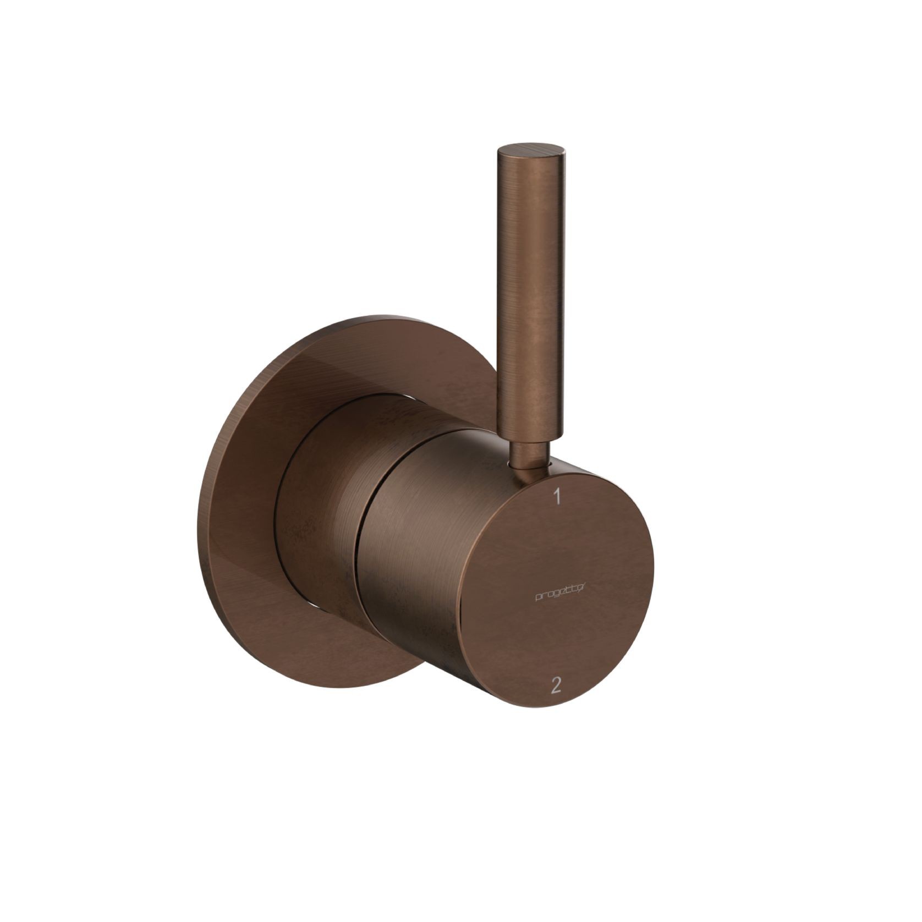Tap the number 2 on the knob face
pyautogui.click(x=557, y=685)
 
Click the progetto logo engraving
pyautogui.click(x=561, y=596)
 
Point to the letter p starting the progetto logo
pyautogui.click(x=539, y=597)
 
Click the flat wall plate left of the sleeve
pyautogui.click(x=242, y=495)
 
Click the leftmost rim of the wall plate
pyautogui.click(x=205, y=495)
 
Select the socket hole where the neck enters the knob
pyautogui.click(x=531, y=465)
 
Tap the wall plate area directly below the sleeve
pyautogui.click(x=341, y=655)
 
